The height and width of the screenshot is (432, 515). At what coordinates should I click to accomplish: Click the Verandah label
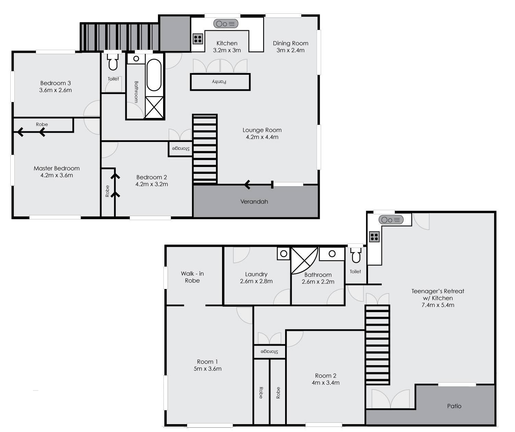(x=254, y=202)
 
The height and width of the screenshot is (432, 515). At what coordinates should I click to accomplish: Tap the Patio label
(x=454, y=406)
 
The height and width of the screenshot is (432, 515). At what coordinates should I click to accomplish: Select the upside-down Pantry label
(x=219, y=82)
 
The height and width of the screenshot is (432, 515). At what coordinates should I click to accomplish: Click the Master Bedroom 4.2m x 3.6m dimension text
(x=57, y=175)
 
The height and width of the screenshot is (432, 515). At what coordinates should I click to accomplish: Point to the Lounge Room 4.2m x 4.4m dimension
(x=262, y=137)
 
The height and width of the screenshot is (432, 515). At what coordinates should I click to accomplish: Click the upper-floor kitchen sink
(x=226, y=24)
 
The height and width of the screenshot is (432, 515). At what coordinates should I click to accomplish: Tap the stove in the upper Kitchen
(x=198, y=39)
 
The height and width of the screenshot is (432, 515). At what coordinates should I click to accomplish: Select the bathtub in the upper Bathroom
(x=154, y=75)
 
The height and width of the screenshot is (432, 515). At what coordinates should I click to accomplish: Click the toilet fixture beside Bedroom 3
(x=113, y=62)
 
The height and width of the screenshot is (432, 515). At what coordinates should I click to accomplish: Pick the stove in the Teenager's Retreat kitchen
(x=374, y=237)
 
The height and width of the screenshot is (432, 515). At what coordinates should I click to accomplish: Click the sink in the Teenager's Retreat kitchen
(x=391, y=219)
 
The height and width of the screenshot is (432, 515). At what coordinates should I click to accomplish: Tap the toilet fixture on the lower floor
(x=356, y=255)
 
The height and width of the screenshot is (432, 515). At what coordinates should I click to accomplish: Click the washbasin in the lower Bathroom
(x=332, y=254)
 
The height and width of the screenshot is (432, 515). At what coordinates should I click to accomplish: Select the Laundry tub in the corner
(x=284, y=253)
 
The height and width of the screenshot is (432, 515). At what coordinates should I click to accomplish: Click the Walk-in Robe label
(x=192, y=277)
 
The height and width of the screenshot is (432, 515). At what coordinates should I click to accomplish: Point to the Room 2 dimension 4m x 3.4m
(x=326, y=383)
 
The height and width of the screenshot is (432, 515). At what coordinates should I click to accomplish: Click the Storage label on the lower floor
(x=270, y=351)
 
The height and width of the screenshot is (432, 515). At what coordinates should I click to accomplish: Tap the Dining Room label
(x=291, y=43)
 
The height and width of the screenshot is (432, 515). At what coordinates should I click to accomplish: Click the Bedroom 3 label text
(x=56, y=83)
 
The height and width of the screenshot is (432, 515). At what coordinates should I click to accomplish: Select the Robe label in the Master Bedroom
(x=42, y=124)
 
